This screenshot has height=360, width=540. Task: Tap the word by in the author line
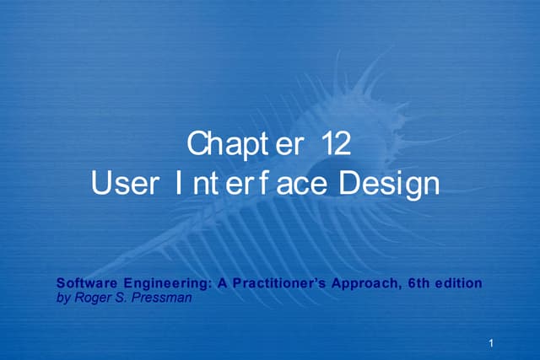pyautogui.click(x=62, y=297)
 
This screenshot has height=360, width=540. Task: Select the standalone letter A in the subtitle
pyautogui.click(x=221, y=284)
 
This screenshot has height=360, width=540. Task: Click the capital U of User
pyautogui.click(x=101, y=183)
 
